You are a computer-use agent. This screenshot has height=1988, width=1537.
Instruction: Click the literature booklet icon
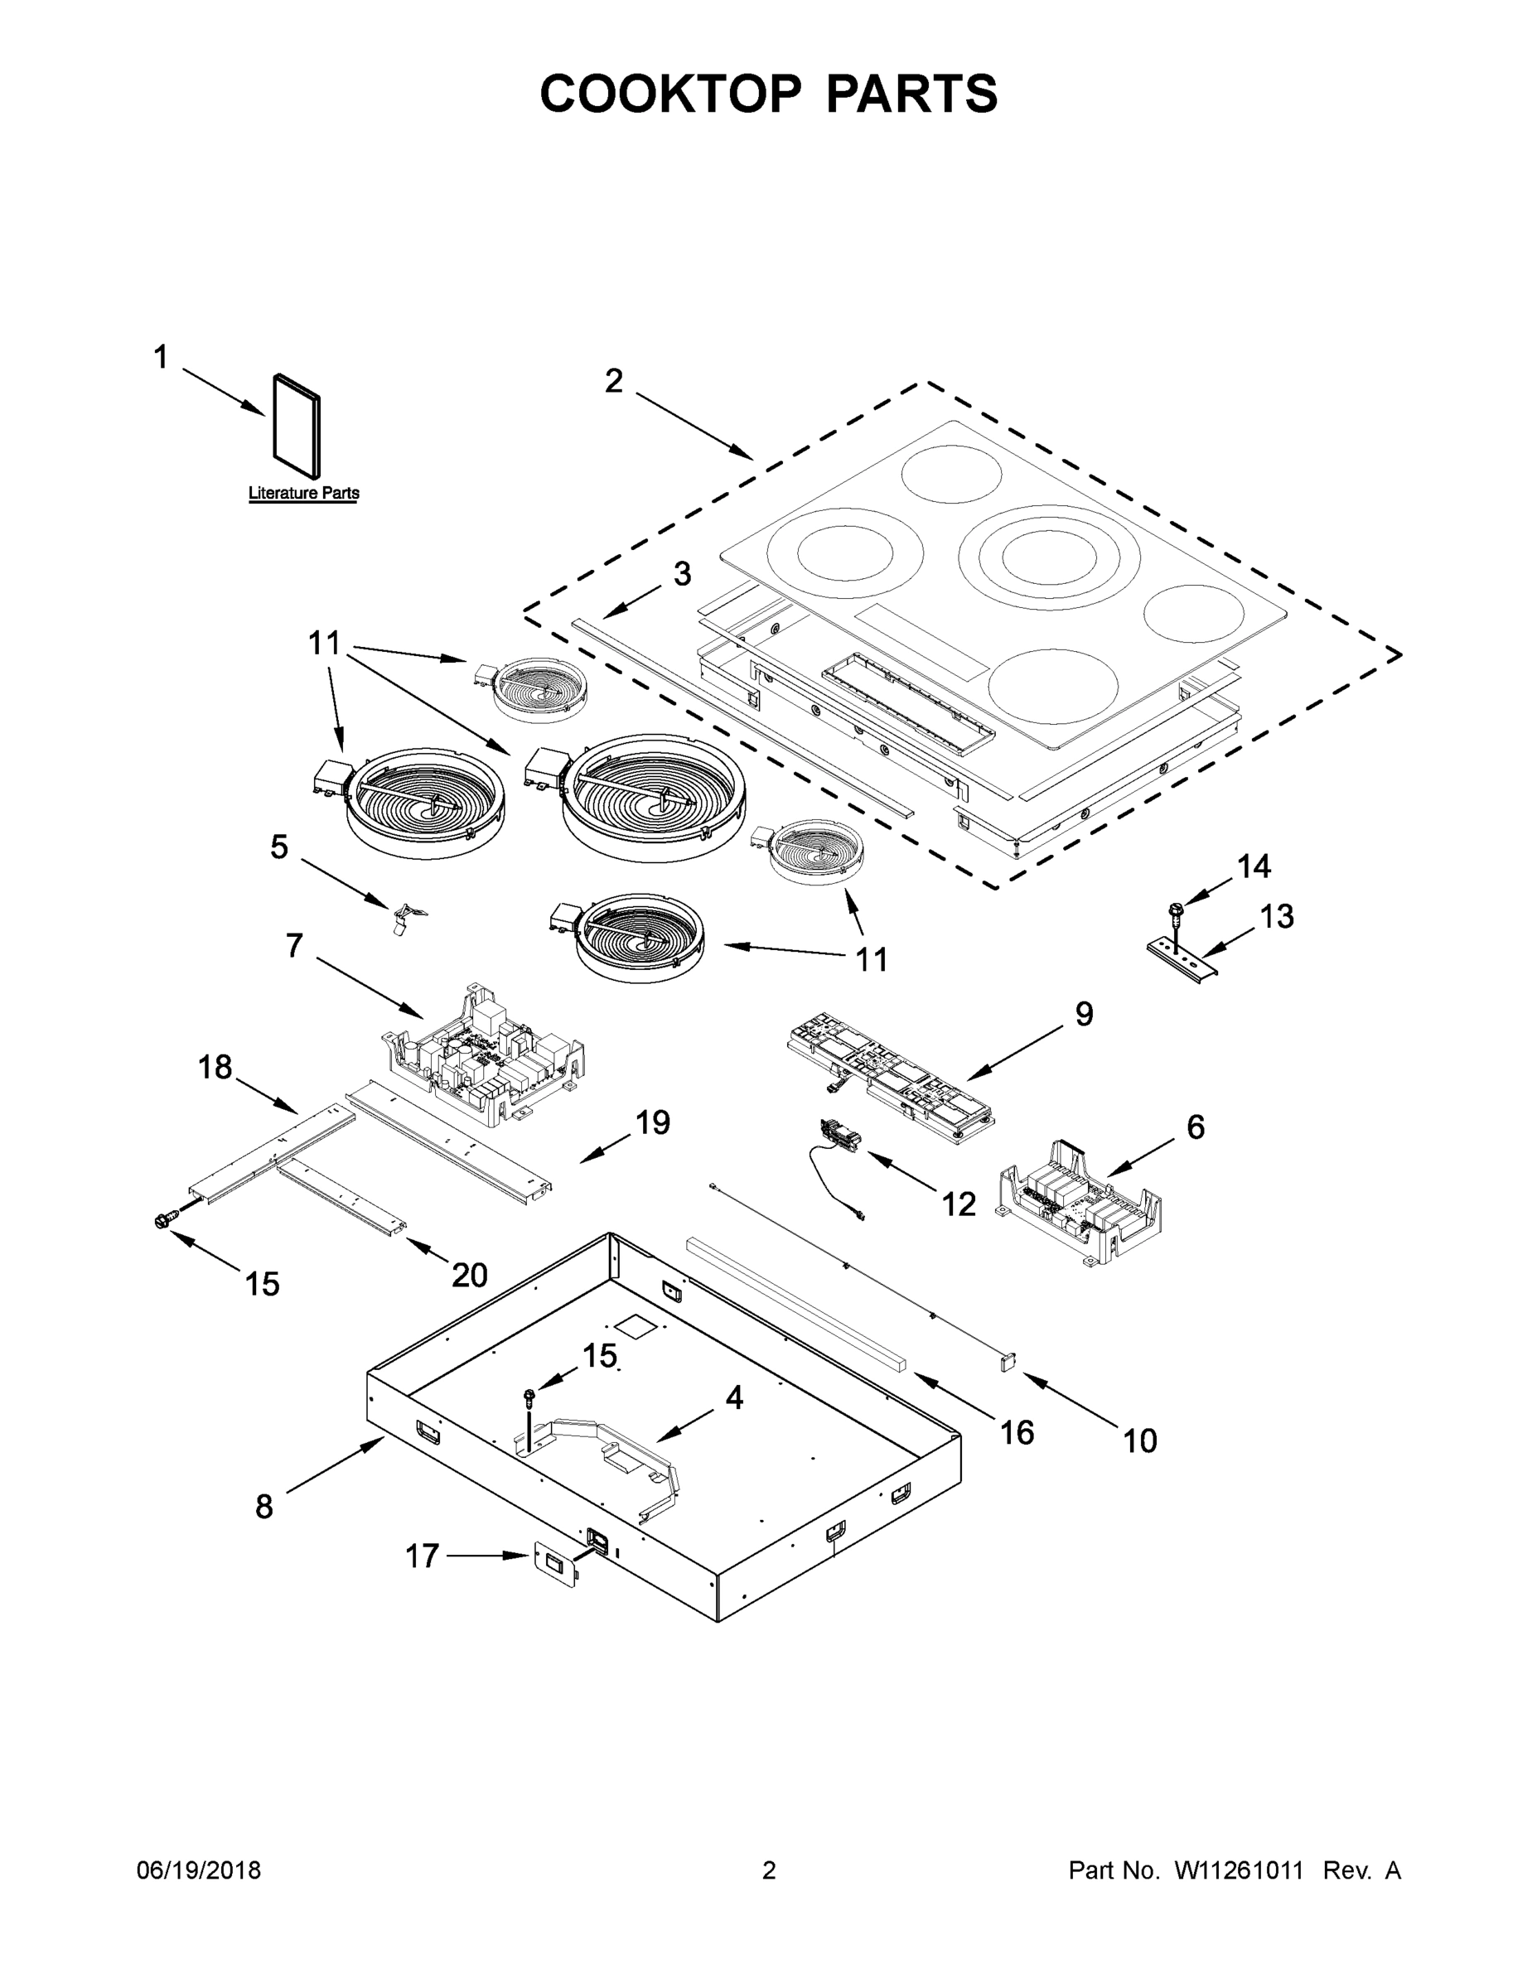click(297, 426)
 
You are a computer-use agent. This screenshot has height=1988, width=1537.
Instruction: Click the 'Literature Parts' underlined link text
click(303, 494)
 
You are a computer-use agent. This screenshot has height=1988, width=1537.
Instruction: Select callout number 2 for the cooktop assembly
click(614, 381)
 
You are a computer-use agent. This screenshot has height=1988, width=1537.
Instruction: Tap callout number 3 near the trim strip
click(682, 574)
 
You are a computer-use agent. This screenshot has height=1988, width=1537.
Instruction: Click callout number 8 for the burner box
click(264, 1507)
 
